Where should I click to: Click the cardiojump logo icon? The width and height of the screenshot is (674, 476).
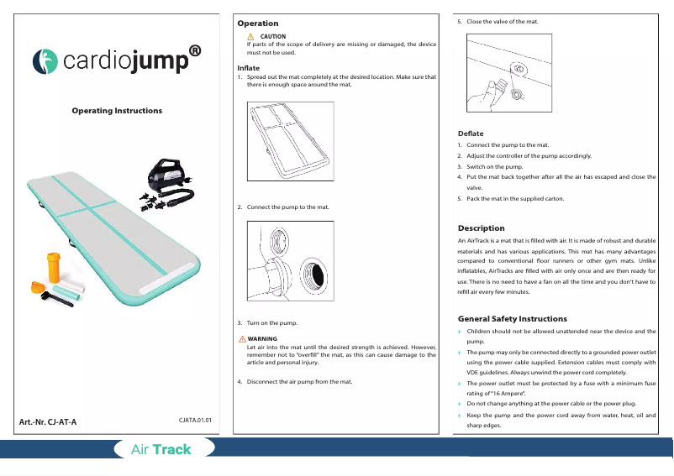coord(45,61)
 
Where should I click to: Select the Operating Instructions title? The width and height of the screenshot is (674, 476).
coord(117,111)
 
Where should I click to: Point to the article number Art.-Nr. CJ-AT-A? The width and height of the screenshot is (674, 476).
coord(48,421)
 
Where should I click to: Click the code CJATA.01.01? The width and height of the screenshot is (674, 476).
coord(196,419)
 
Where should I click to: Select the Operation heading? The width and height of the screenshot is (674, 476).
coord(258,24)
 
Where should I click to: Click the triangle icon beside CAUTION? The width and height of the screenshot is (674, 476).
coord(250,37)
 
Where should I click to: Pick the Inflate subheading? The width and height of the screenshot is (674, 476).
coord(249,67)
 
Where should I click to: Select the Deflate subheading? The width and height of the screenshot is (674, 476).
coord(471,133)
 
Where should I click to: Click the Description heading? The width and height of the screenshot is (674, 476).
coord(481,228)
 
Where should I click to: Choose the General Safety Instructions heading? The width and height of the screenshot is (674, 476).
coord(513,319)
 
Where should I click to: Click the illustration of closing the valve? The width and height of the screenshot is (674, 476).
coord(509,74)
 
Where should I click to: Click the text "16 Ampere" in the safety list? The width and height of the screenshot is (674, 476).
coord(505,393)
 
